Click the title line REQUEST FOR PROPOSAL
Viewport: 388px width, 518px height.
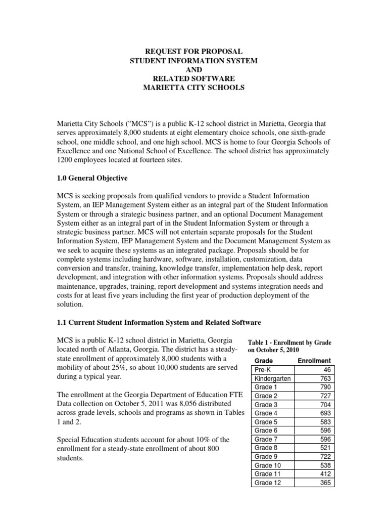(x=194, y=52)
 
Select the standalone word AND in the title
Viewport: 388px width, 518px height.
(x=194, y=70)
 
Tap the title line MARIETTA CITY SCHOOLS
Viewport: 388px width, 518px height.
(x=194, y=88)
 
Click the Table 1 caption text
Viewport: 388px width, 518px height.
(x=289, y=346)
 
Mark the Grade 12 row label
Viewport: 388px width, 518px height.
(x=267, y=483)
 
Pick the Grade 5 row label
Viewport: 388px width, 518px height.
(x=266, y=422)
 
